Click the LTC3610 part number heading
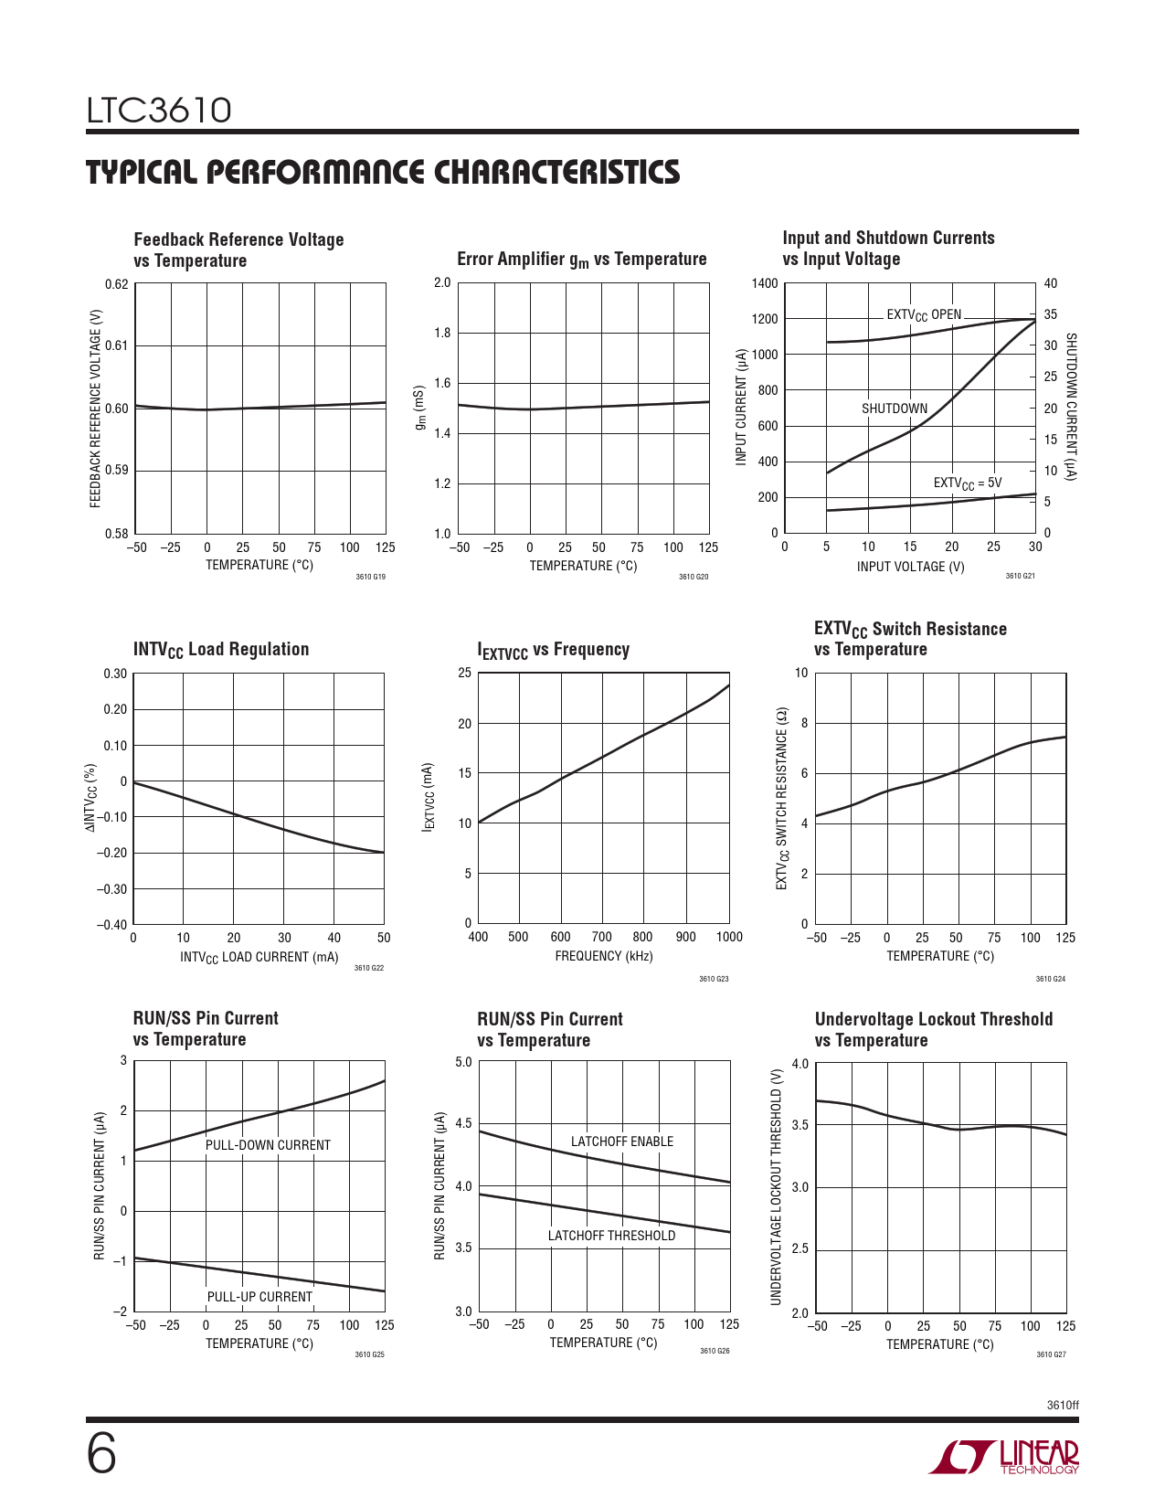159,111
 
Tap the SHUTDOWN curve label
894,409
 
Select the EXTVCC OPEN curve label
924,315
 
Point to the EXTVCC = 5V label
967,483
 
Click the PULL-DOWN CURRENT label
268,1145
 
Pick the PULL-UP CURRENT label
259,1297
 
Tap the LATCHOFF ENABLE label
621,1142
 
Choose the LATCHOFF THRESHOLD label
611,1236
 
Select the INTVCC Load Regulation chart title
221,650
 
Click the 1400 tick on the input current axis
765,283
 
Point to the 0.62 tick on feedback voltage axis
116,283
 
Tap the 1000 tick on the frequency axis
729,937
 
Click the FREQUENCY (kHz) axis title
603,956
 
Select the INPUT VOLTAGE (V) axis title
910,567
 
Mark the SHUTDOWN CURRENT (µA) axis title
1072,407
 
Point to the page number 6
101,1454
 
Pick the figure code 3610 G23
714,979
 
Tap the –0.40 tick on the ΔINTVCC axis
112,924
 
